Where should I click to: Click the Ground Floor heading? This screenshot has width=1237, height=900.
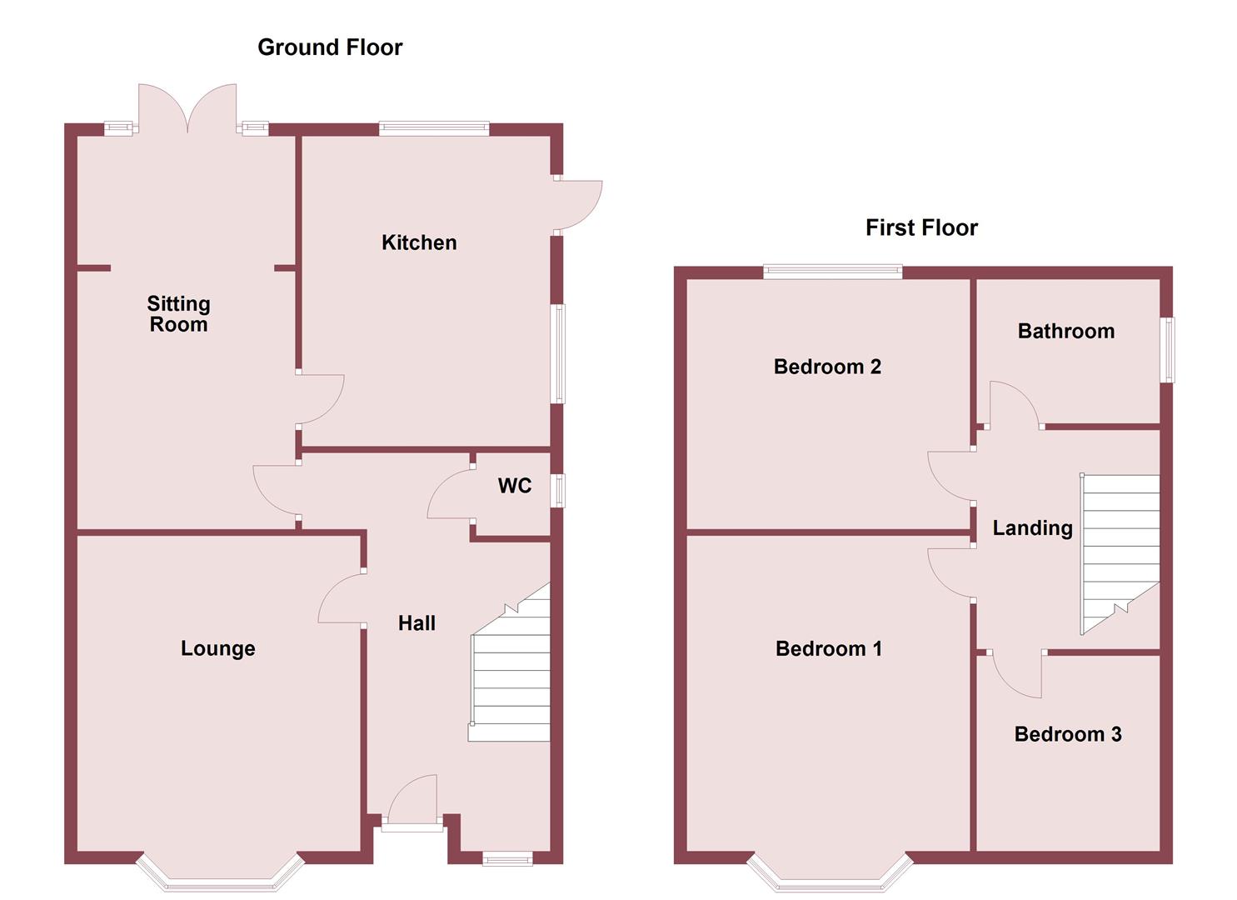tap(330, 47)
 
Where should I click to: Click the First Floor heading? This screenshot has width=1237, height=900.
tap(921, 227)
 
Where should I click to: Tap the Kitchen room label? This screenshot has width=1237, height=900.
tap(419, 242)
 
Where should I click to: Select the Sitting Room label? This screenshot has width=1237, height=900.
tap(178, 314)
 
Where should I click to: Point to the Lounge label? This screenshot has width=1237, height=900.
tap(218, 648)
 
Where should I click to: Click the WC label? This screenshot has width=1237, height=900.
tap(515, 486)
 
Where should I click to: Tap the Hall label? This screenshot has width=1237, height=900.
tap(416, 622)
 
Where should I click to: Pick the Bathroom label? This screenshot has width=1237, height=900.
tap(1065, 331)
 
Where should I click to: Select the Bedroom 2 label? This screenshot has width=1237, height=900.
tap(827, 367)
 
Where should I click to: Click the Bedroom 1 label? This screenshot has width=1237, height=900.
tap(828, 648)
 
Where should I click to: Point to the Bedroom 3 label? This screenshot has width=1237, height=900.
tap(1068, 734)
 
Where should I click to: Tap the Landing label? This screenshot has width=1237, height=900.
tap(1032, 527)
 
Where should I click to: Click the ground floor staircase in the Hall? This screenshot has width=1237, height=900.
tap(510, 675)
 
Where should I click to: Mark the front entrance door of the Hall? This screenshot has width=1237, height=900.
tap(412, 804)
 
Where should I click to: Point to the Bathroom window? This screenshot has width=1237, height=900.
tap(1168, 350)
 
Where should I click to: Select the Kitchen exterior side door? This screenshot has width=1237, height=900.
tap(576, 204)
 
